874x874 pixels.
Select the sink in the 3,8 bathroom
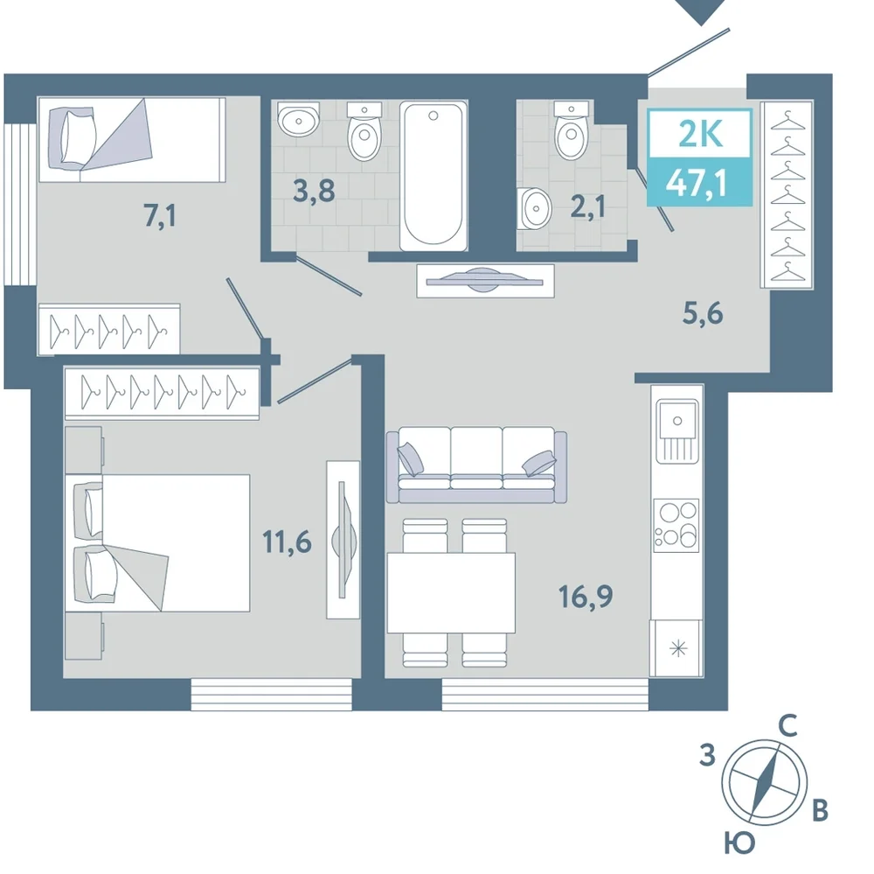298,118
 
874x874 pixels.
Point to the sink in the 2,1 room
533,208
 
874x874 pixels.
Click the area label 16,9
586,597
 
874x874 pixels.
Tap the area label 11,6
287,542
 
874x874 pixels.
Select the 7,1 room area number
160,215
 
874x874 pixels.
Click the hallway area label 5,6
703,314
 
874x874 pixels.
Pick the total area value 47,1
699,182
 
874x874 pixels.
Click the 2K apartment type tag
701,134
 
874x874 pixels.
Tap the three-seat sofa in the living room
476,465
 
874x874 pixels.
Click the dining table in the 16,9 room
451,592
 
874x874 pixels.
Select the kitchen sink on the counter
676,430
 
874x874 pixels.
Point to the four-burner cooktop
676,525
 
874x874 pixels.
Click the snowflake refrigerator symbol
678,648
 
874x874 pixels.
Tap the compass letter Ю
739,842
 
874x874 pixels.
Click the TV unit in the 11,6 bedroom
343,539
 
